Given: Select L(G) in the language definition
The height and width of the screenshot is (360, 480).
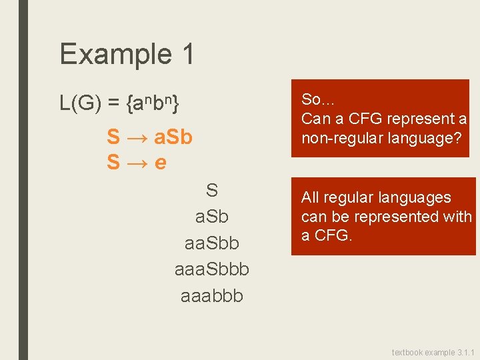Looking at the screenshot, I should point(80,104).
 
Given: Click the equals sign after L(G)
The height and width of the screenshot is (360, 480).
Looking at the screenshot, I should point(114,104).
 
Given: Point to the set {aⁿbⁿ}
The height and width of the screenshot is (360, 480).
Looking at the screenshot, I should point(152,104).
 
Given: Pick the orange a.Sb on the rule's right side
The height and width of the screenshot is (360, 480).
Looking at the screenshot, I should point(173,138).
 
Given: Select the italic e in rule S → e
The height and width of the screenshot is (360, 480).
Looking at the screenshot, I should point(160,162).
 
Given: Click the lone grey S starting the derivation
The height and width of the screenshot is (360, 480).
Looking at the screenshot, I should point(211,191).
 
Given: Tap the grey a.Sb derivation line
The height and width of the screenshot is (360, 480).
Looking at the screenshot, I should point(211,218).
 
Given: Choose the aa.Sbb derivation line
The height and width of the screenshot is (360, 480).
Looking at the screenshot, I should point(211,244).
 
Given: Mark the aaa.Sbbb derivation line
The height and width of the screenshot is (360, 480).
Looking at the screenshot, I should point(211,270).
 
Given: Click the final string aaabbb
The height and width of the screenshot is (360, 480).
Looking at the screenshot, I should point(211,296).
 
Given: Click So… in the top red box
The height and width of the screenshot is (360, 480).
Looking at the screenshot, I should point(319,100).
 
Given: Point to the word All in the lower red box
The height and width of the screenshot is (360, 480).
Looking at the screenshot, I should point(310,198).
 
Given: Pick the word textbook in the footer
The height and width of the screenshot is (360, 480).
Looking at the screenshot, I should point(407,352).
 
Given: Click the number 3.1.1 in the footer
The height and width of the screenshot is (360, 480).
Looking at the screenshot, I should point(463,352).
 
